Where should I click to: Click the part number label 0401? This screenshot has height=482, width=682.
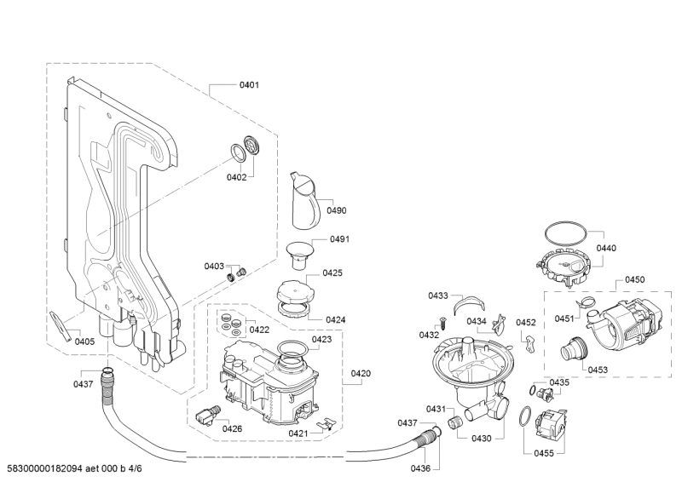coord(249,85)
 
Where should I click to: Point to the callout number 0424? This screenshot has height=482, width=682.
coord(335,320)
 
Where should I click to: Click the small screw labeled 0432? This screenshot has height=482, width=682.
coord(443,323)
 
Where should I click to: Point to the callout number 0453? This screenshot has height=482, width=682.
coord(598,370)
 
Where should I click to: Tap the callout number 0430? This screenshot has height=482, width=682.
coord(482,439)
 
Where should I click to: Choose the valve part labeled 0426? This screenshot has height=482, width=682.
coord(208,415)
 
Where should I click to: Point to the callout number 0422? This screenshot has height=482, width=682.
coord(259,330)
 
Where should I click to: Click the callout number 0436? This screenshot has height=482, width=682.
coord(420,468)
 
